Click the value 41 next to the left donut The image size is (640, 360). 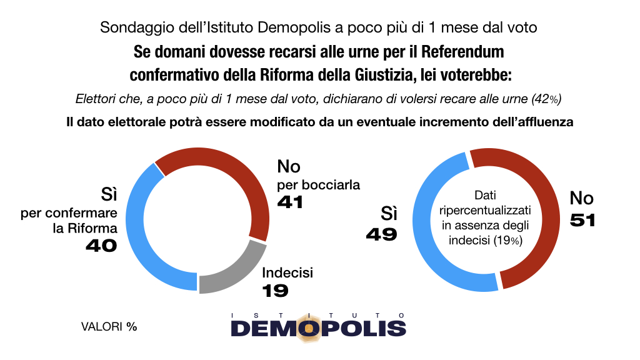click(290, 202)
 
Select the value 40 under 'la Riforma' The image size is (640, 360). click(101, 246)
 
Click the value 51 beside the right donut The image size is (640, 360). click(582, 221)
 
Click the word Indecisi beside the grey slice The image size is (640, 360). click(287, 272)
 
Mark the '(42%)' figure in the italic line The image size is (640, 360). click(546, 99)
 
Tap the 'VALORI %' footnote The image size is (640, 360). click(109, 326)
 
